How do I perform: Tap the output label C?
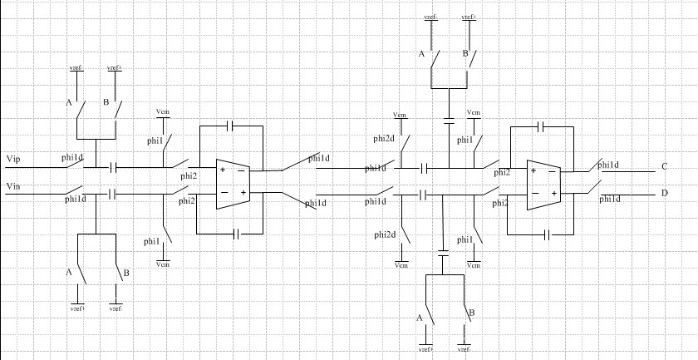pos(664,166)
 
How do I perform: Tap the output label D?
pos(664,194)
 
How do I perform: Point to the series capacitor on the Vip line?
pos(111,168)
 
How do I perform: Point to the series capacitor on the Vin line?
pos(111,195)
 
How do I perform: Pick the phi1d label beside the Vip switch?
pos(73,156)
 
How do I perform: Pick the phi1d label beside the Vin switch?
pos(75,200)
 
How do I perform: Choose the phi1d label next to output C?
pos(608,165)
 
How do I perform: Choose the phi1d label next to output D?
pos(609,200)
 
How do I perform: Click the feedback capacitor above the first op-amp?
pos(231,126)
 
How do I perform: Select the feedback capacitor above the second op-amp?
pos(541,127)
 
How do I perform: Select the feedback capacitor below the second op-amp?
pos(548,235)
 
